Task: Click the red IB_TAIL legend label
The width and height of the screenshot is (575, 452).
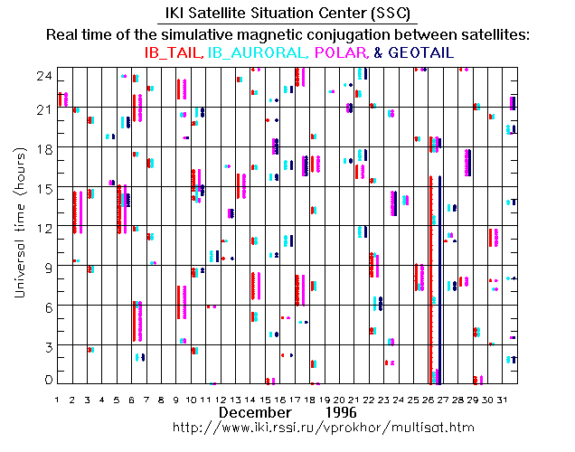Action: pos(173,53)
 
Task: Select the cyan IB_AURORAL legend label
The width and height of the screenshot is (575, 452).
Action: pos(259,53)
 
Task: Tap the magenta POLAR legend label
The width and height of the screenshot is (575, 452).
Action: pos(342,53)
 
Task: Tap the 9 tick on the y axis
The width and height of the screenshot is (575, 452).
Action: pos(42,267)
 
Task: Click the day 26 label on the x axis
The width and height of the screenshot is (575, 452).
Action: pos(429,399)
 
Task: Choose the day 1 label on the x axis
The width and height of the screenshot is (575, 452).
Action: pos(57,399)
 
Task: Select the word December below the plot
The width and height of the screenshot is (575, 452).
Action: pos(256,412)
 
